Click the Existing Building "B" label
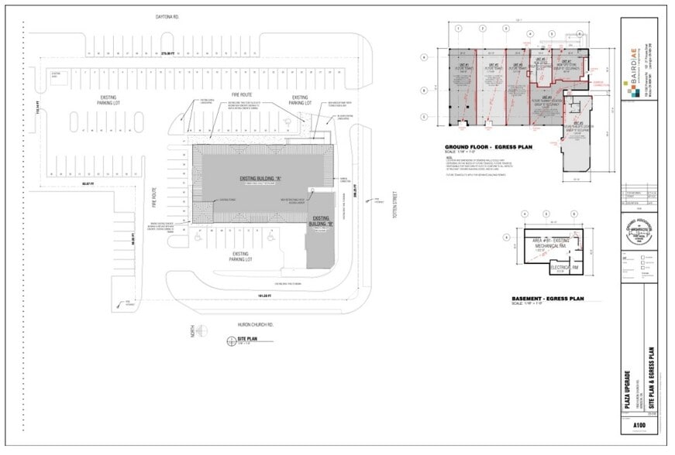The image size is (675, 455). (321, 224)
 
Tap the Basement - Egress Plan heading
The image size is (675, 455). (547, 299)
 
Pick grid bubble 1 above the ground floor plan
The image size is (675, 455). (459, 28)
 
